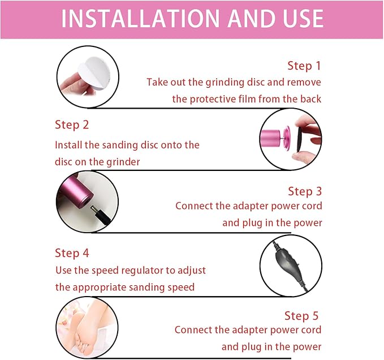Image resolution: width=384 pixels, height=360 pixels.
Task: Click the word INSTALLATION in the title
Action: point(140,18)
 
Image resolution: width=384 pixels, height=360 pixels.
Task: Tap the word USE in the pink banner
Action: point(303,18)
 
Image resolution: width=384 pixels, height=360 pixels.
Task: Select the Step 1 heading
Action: point(304,66)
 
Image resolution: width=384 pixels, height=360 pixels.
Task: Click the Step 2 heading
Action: point(71,125)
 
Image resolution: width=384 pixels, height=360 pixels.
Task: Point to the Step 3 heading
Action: point(305,191)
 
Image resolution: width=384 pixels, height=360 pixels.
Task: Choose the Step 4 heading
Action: point(72,253)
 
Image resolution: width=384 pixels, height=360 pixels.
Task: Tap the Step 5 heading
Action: point(301,316)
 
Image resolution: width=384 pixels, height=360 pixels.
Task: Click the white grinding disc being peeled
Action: point(94,73)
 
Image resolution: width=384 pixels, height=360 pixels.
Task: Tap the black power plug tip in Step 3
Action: point(101,215)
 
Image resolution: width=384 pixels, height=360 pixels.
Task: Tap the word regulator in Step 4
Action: point(142,271)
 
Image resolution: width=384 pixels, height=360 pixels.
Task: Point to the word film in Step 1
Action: point(248,99)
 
